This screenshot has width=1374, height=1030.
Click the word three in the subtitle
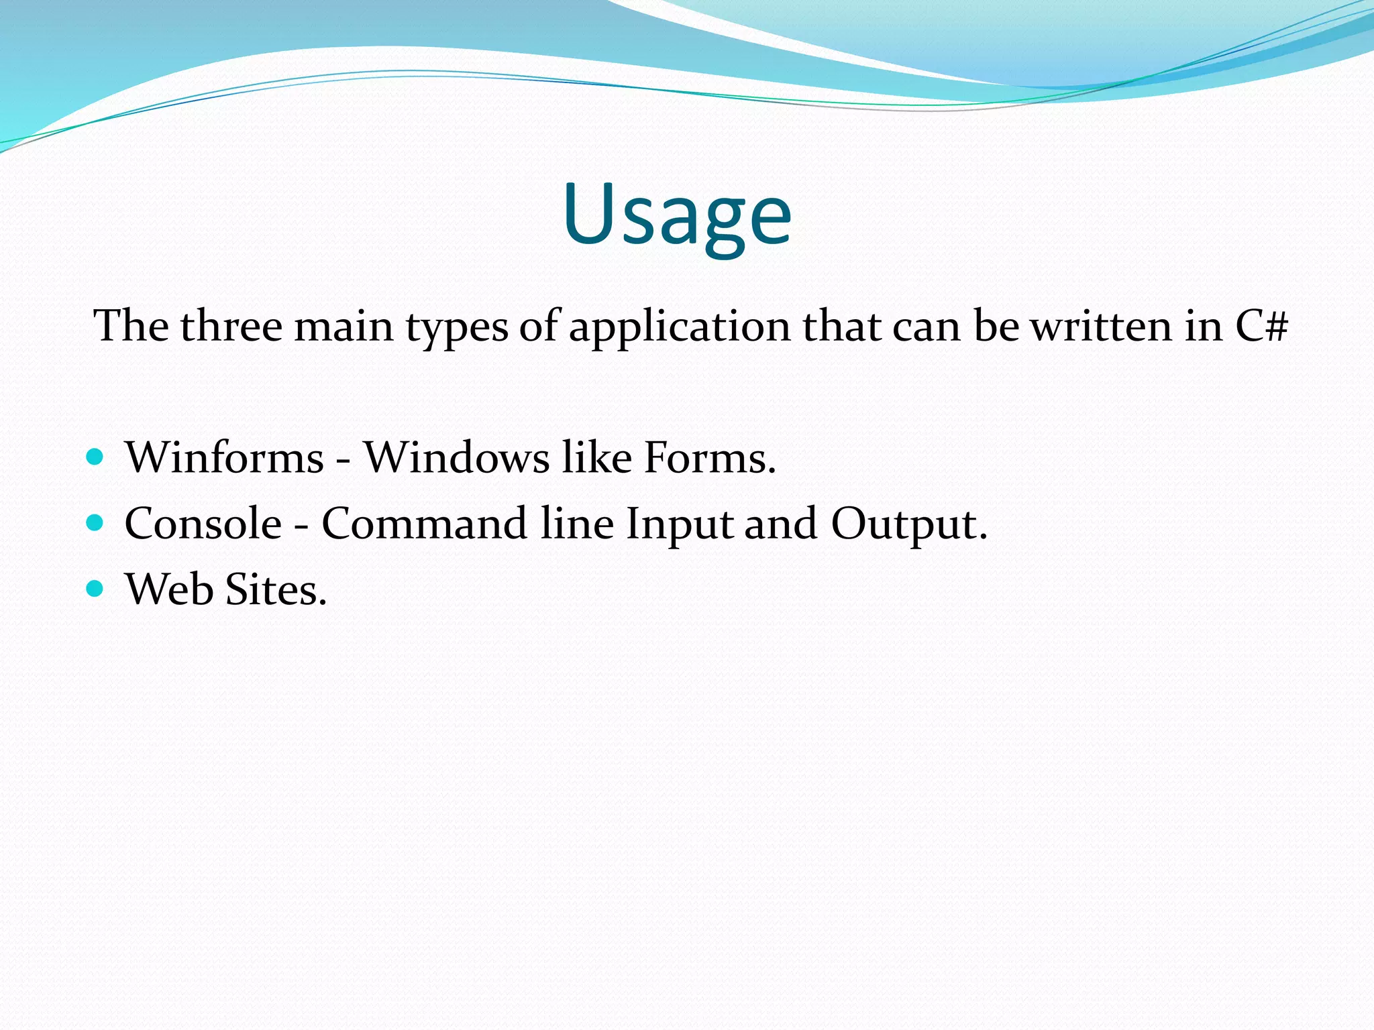231,327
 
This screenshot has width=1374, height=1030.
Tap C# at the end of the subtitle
1261,327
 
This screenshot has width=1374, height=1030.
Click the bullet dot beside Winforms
95,457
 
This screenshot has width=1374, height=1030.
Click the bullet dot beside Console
95,523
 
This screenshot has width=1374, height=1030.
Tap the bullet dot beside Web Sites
95,589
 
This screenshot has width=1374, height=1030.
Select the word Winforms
225,458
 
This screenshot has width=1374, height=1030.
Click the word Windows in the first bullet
456,458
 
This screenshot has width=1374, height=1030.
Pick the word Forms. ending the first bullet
709,458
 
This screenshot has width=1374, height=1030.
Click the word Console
203,524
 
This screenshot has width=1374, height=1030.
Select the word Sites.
276,589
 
